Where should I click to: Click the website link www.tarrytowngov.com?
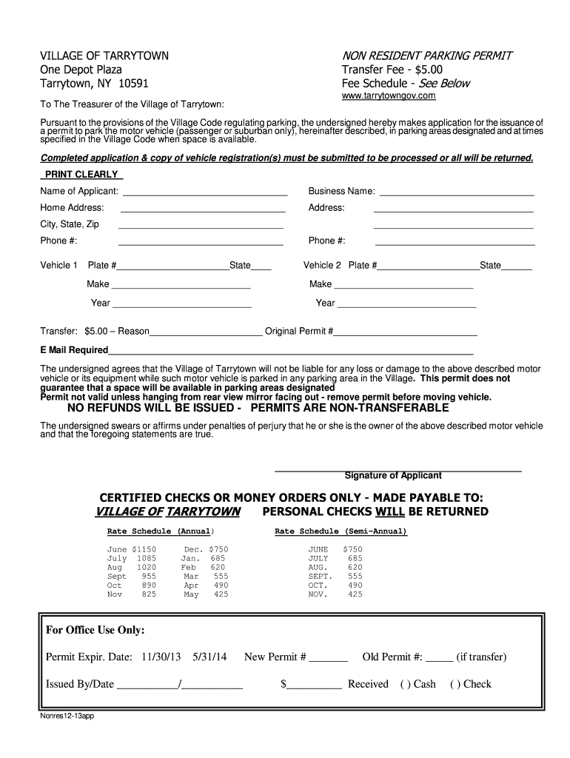pyautogui.click(x=388, y=96)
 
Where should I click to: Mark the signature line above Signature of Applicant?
pyautogui.click(x=398, y=470)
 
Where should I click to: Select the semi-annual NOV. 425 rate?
pyautogui.click(x=335, y=594)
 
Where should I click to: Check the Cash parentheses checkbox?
pyautogui.click(x=405, y=684)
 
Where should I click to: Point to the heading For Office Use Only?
pyautogui.click(x=95, y=630)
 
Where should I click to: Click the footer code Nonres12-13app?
pyautogui.click(x=67, y=717)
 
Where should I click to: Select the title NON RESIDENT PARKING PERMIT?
pyautogui.click(x=426, y=56)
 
